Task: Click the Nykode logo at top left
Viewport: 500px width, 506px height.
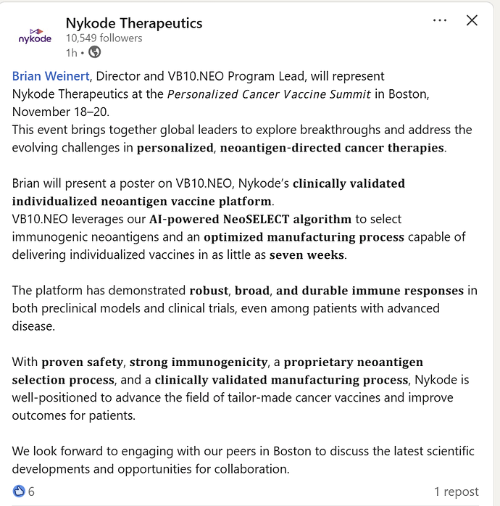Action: (x=35, y=36)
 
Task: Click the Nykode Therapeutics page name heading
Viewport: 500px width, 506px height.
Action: (x=134, y=22)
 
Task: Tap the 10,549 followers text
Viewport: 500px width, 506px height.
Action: (x=104, y=38)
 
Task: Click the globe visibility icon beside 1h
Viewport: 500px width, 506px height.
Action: (x=95, y=52)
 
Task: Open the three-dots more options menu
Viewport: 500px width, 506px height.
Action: (x=440, y=21)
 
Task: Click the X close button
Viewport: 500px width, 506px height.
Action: (x=472, y=21)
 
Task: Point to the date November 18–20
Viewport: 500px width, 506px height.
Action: (x=58, y=112)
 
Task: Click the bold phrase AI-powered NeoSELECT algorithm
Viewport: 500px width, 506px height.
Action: (x=250, y=219)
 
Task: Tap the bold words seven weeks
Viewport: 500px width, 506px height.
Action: (x=304, y=254)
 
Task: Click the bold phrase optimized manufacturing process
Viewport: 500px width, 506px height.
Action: (x=304, y=237)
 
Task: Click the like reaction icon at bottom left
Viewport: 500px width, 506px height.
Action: (x=19, y=491)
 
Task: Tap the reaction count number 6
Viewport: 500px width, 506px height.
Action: (x=31, y=492)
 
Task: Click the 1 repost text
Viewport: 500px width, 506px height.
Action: (x=457, y=492)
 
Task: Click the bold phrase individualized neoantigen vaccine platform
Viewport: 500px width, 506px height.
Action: (x=142, y=201)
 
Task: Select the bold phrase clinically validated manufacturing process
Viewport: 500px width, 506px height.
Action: (x=282, y=380)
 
